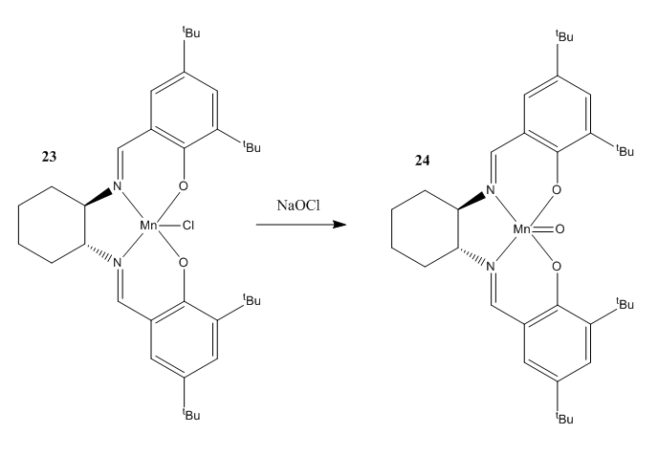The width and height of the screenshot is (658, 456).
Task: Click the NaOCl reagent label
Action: (298, 206)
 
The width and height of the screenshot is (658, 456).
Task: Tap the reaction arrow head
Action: (340, 225)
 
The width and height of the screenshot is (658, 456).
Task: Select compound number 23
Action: (49, 157)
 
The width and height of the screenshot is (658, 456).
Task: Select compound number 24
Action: (422, 161)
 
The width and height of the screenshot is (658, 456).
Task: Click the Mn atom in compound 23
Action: (148, 226)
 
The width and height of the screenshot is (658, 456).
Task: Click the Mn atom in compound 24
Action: (521, 229)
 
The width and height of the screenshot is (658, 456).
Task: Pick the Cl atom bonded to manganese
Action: (188, 226)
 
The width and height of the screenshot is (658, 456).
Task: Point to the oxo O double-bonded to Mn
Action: (559, 229)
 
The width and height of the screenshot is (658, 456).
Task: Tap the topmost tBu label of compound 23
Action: (191, 33)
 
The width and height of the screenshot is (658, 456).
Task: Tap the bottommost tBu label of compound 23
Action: (191, 415)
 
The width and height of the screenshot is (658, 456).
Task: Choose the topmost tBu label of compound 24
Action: (564, 36)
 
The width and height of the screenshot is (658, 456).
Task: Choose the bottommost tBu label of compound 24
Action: (564, 419)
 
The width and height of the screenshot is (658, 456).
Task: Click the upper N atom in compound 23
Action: (117, 185)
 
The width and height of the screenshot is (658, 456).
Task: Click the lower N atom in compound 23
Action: (117, 263)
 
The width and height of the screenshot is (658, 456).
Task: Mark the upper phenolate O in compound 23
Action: (183, 185)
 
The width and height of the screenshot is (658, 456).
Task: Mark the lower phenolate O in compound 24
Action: (557, 267)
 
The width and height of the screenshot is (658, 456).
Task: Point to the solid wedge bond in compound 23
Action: (99, 197)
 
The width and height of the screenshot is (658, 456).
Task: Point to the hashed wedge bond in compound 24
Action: (472, 257)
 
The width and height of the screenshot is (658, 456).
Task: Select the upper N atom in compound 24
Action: (491, 190)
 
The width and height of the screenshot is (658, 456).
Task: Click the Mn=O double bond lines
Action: (542, 229)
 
